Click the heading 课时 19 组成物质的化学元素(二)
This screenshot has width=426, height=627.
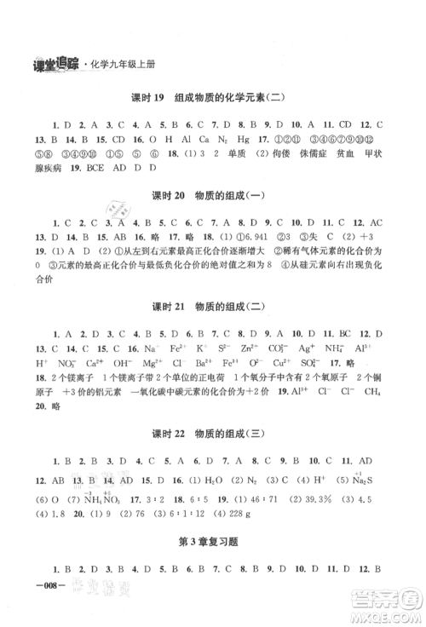click(x=214, y=96)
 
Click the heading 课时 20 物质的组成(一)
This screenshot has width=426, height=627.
click(x=214, y=220)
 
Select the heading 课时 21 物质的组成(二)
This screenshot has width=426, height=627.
click(x=214, y=329)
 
